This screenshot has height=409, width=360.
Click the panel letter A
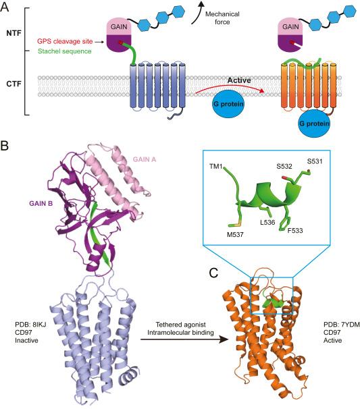coord(5,7)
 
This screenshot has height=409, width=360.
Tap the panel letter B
coord(5,146)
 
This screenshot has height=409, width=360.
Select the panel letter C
coord(214,273)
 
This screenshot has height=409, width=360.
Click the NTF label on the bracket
coord(14,33)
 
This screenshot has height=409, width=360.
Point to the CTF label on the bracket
coord(14,84)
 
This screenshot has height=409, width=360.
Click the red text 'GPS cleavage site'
coord(65,41)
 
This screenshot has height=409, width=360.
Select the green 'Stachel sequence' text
coord(65,51)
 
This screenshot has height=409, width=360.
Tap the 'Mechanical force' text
coord(222,18)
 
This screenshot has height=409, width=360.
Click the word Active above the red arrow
coord(239,80)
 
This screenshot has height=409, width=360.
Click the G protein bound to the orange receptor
coord(314,124)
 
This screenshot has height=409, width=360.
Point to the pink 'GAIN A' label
coord(145,159)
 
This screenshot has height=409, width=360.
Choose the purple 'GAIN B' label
coord(41,203)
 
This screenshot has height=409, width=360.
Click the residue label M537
coord(235,234)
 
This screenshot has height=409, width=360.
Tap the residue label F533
coord(295,230)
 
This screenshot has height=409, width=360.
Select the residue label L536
coord(267,222)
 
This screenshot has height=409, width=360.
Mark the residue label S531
coord(315,161)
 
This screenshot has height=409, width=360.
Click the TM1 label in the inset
coord(215,166)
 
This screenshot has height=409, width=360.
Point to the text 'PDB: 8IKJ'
coord(30,325)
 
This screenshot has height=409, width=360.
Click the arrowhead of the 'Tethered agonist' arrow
coord(224,339)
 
